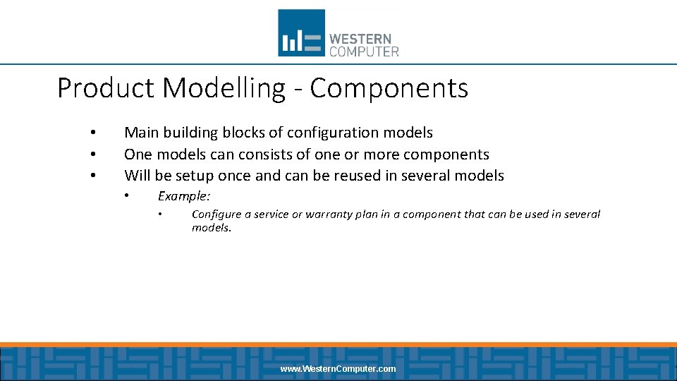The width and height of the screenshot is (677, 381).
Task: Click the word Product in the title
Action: tap(106, 89)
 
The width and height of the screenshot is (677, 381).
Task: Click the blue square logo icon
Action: tap(301, 32)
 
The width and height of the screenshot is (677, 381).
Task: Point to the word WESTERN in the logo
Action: tap(360, 39)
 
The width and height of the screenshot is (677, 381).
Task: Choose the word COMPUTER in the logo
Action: tap(364, 52)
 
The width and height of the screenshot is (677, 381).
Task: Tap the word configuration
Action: tap(334, 133)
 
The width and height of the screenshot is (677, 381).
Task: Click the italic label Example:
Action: tap(183, 196)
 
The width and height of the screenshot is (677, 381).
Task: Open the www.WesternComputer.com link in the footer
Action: tap(338, 369)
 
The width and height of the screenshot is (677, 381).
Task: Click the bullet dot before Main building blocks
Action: tap(92, 133)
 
